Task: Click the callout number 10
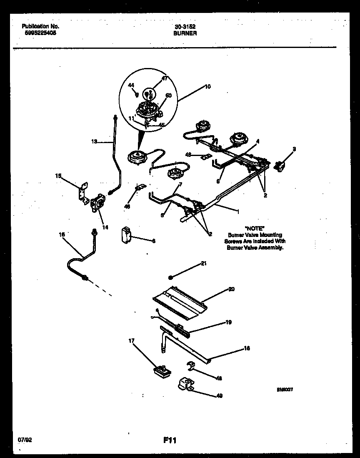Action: click(207, 87)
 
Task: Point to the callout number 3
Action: click(294, 149)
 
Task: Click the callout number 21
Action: click(203, 264)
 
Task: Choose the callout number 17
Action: click(132, 341)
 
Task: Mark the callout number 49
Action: click(219, 396)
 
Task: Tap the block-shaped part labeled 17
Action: click(162, 370)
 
